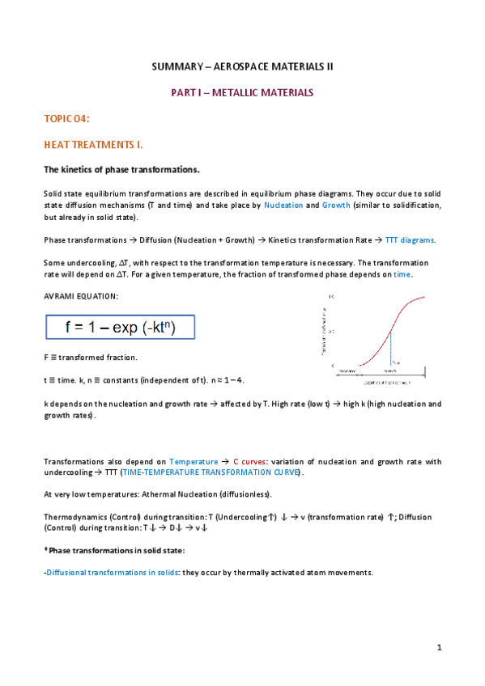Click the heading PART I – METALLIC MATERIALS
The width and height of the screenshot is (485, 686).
242,93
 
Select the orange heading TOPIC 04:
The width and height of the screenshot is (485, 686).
66,119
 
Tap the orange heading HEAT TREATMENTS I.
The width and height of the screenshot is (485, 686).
93,145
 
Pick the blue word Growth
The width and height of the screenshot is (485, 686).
336,206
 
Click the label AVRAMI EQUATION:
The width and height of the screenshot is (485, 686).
80,296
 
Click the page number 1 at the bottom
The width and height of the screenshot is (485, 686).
438,647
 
